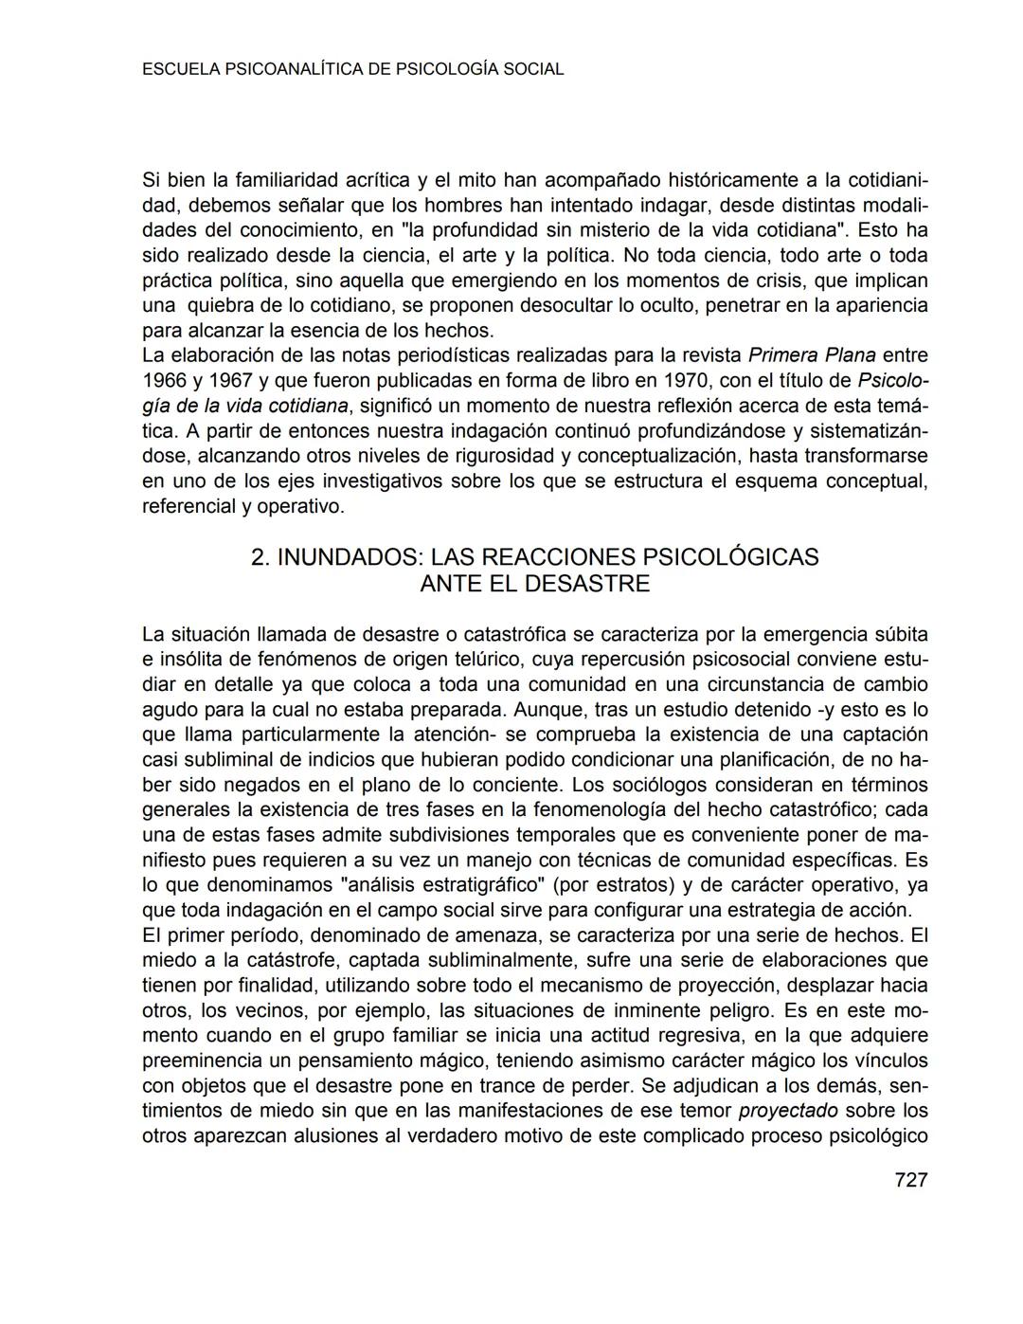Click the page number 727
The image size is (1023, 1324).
(910, 1180)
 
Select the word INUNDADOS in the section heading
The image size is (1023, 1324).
(347, 556)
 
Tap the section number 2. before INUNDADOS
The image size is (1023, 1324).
(260, 556)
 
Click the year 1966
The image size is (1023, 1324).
(164, 381)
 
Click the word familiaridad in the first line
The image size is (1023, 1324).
(289, 180)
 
